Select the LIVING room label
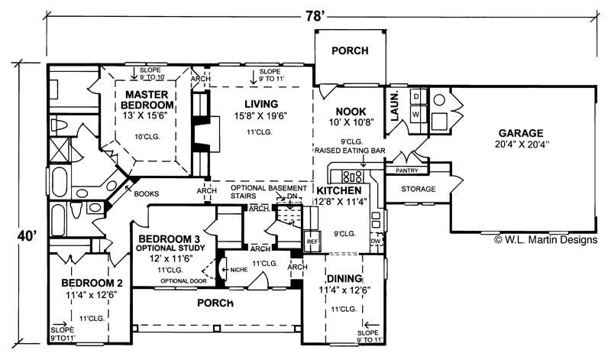coord(261,104)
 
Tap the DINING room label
coord(343,279)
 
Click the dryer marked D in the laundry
coord(416,97)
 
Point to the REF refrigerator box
coord(312,239)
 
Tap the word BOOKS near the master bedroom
coord(146,194)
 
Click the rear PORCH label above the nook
coord(351,51)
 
